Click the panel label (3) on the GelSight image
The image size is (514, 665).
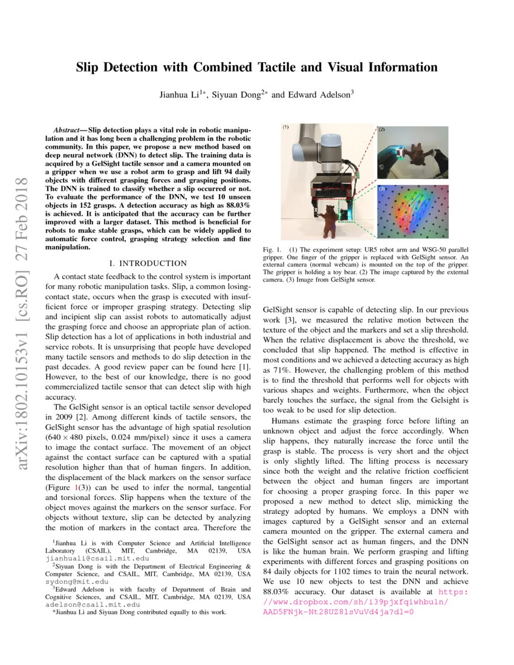(x=382, y=189)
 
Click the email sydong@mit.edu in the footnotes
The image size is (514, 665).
(x=71, y=582)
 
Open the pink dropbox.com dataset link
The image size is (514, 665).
(x=356, y=603)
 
